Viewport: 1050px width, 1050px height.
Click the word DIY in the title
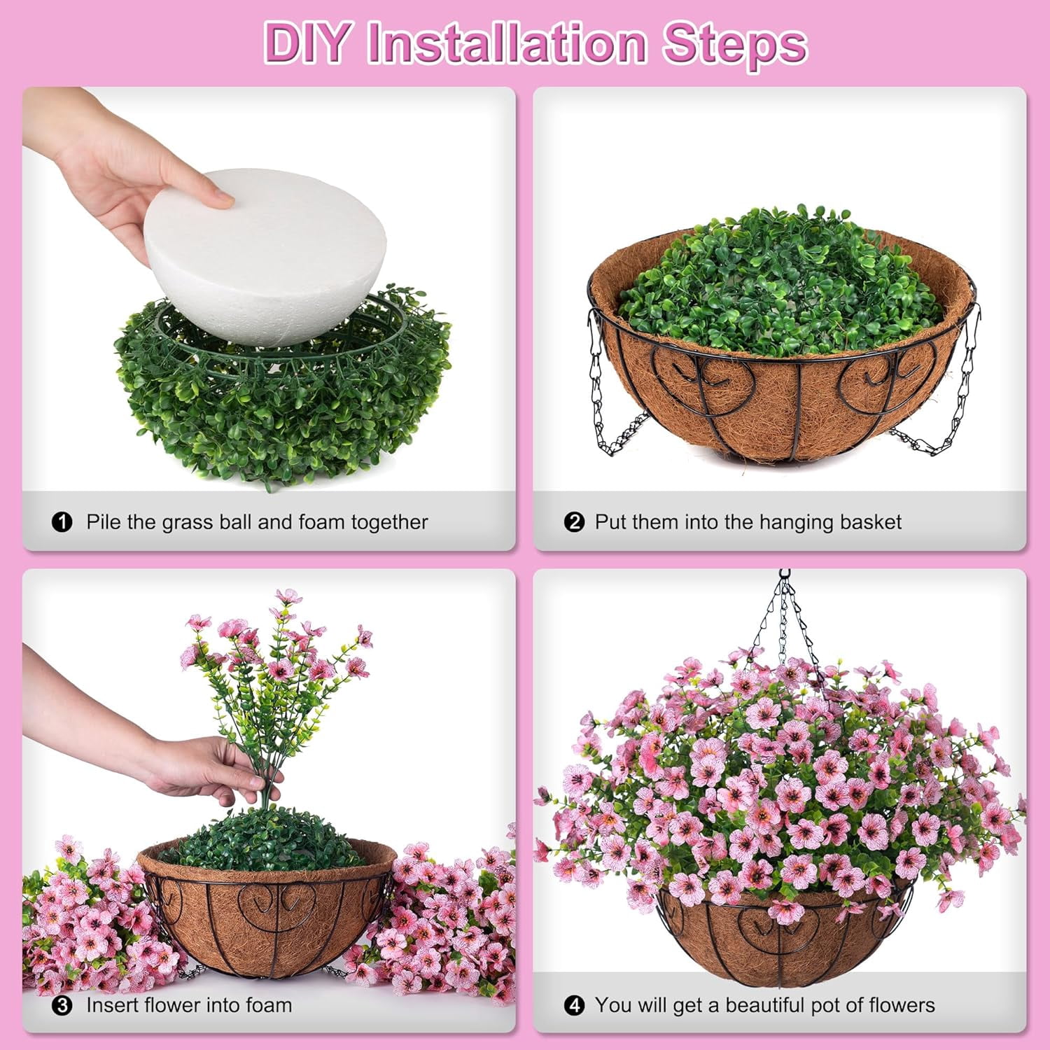click(x=307, y=43)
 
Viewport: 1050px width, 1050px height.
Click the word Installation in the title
click(x=506, y=43)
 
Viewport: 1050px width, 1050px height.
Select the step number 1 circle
click(x=62, y=522)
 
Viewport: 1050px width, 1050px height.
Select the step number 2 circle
click(x=574, y=522)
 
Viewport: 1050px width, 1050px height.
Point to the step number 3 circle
click(x=62, y=1006)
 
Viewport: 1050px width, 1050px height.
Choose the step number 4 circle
click(x=574, y=1006)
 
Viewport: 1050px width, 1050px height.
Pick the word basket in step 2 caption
click(x=870, y=522)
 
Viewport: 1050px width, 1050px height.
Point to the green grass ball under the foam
click(x=280, y=392)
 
